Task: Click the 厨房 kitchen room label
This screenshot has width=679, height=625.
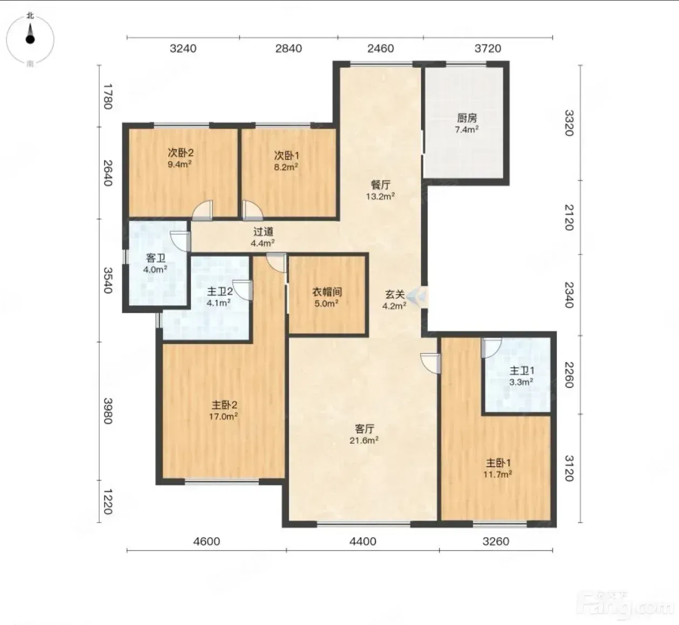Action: pos(467,118)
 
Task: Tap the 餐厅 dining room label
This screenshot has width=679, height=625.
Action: pos(380,185)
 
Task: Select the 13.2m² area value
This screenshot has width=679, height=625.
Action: pos(380,196)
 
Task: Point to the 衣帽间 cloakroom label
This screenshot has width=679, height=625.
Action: pos(327,292)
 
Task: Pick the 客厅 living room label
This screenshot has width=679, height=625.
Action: pos(364,429)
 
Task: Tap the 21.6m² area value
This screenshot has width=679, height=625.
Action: pos(364,441)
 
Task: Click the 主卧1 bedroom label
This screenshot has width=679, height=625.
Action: pos(498,463)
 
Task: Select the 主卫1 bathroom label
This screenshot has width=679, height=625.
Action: pos(522,371)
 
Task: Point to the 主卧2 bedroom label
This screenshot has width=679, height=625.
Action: pos(224,405)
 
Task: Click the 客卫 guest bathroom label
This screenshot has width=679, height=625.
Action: pos(155,258)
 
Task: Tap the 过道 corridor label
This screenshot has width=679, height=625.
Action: pos(263,232)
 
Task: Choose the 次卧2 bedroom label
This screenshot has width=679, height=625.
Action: pos(181,153)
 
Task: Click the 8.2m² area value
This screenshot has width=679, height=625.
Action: pos(286,167)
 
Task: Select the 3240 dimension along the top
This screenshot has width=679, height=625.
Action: pos(183,49)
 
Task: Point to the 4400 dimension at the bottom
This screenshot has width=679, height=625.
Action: pos(363,541)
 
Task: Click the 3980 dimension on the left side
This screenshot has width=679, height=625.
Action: pos(108,410)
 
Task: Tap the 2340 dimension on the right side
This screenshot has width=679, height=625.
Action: pos(569,295)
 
